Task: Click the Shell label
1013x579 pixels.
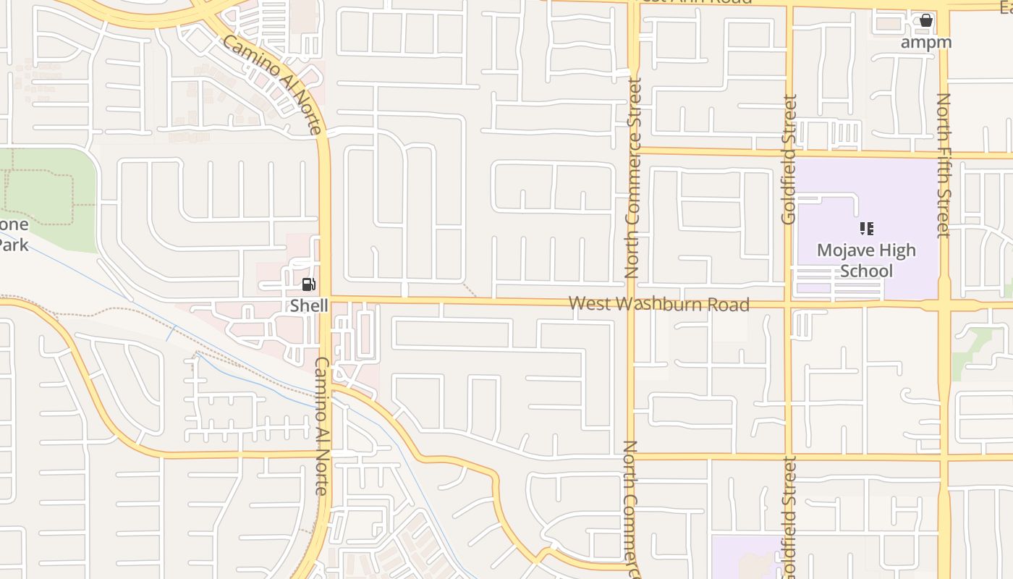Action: [309, 305]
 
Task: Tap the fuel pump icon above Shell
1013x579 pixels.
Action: [308, 284]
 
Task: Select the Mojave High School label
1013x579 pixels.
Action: [866, 261]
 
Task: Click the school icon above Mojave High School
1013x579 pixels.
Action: [866, 229]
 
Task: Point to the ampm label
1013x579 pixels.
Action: [925, 42]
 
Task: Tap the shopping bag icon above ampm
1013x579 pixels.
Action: [925, 20]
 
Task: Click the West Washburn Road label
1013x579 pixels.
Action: [658, 304]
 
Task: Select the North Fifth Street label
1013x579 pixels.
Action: [943, 165]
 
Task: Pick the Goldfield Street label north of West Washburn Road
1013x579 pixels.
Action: [789, 159]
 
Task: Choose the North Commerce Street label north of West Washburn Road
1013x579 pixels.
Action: [633, 178]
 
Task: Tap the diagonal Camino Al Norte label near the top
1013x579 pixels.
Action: [271, 84]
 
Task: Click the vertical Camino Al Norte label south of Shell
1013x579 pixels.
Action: [321, 426]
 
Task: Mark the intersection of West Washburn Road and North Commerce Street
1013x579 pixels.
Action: [632, 303]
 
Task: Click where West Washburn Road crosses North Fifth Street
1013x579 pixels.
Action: [944, 305]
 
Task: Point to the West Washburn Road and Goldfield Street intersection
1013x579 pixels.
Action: [788, 304]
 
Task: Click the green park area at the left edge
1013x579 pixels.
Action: [51, 188]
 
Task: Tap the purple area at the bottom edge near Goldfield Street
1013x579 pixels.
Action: [745, 557]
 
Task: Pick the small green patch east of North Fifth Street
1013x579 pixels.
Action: [973, 351]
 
